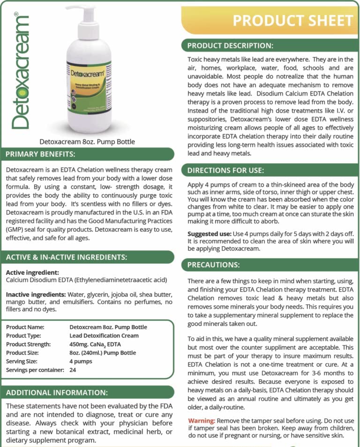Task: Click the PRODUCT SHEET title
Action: (x=292, y=21)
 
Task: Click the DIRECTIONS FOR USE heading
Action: (x=225, y=170)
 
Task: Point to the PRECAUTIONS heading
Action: (x=213, y=265)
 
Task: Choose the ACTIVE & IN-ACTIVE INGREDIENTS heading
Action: (x=66, y=257)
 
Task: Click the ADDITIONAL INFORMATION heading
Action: (x=57, y=392)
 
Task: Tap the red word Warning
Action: (x=202, y=420)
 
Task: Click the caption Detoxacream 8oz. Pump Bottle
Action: (x=88, y=141)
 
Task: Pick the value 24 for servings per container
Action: (x=73, y=370)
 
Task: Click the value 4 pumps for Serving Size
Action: (x=81, y=361)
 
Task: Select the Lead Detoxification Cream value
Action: (x=104, y=335)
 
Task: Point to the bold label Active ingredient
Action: (x=32, y=273)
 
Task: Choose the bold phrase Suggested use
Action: (x=209, y=234)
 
